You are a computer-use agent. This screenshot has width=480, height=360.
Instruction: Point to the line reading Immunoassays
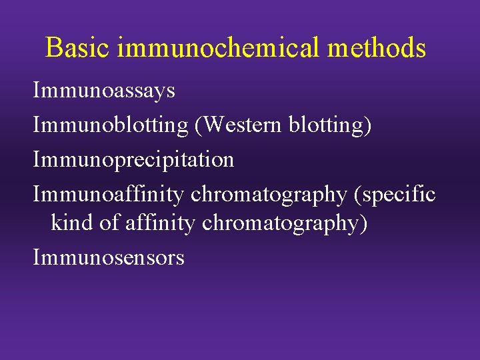(104, 91)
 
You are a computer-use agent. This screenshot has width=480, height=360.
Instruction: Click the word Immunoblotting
(111, 125)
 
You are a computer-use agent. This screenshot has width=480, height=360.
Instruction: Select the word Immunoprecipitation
(133, 160)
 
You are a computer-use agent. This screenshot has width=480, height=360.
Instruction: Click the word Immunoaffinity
(108, 194)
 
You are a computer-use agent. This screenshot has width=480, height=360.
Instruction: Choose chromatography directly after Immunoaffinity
(268, 195)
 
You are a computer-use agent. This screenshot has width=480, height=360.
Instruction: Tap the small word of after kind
(109, 223)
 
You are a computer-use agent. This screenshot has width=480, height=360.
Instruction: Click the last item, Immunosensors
(109, 257)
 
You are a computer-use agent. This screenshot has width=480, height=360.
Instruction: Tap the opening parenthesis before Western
(198, 125)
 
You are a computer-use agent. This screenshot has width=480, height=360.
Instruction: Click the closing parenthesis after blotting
(368, 125)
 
